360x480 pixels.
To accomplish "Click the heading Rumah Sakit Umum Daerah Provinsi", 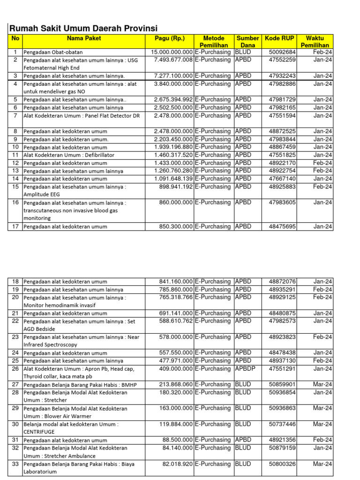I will coord(83,28).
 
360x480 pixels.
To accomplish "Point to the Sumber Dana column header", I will coord(247,41).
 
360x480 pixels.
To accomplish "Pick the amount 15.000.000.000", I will coord(172,52).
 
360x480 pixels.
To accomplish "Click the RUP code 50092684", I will coord(282,52).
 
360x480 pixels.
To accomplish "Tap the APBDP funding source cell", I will coord(246,369).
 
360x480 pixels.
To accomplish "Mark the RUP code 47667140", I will coord(282,179).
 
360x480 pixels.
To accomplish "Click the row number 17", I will coord(15,226).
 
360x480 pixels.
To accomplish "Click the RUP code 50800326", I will coord(282,464).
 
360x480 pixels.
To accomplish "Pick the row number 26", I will coord(15,369).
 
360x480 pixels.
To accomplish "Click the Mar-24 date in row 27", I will coord(322,384).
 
